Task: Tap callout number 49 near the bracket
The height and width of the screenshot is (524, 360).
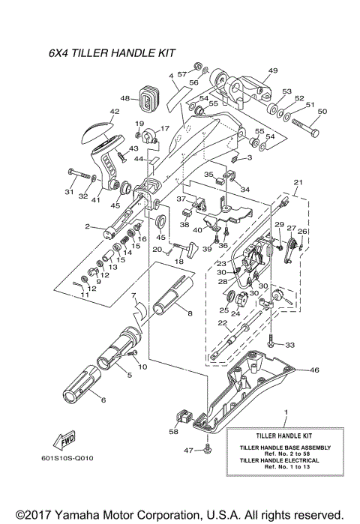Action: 272,70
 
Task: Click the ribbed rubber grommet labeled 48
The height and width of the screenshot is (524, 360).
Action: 147,98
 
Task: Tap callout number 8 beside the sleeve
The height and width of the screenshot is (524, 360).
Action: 189,313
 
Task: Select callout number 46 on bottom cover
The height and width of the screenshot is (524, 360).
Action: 314,370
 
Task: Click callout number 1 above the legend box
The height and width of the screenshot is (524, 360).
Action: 285,412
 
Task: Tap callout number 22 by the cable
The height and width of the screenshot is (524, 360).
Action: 222,323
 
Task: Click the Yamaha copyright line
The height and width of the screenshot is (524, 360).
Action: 180,514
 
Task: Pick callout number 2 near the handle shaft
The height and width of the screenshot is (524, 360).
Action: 88,226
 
